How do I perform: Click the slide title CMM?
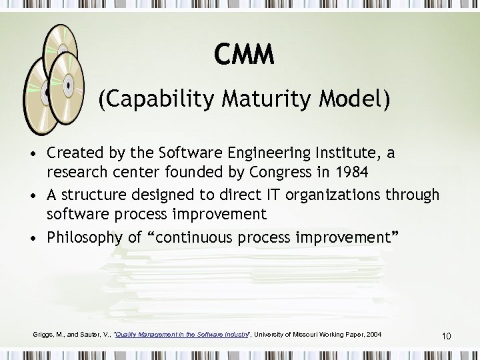244,55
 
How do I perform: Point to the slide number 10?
446,336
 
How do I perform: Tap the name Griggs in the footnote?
43,334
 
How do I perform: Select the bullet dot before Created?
33,154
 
